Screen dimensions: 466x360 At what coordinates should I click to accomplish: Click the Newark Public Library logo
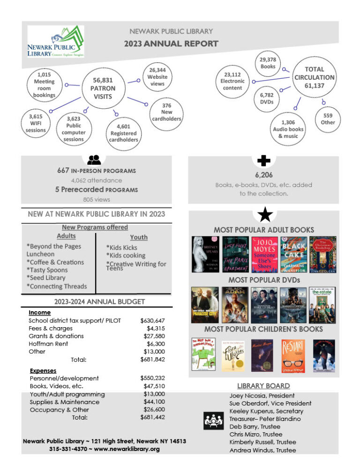point(56,41)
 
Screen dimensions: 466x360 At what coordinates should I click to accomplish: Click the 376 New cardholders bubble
point(166,113)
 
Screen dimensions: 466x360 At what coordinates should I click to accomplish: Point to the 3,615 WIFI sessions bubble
point(36,123)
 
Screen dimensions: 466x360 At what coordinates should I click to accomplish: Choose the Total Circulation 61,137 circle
point(314,77)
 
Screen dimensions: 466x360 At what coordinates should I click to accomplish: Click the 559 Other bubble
point(328,119)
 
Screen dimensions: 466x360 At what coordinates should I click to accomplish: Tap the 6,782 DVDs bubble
point(267,98)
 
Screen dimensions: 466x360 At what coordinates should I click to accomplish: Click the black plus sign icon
point(264,161)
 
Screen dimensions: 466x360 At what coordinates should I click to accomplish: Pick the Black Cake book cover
point(294,255)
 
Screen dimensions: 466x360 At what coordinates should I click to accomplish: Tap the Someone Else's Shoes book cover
point(264,255)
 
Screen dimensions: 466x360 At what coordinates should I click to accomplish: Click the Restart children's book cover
point(294,355)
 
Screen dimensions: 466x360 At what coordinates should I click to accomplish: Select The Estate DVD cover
point(322,305)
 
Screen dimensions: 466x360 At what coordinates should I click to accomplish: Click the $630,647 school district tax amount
point(152,321)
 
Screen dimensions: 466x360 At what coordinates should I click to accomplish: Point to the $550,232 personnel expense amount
point(152,378)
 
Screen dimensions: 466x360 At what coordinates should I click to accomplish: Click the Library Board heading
point(263,386)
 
